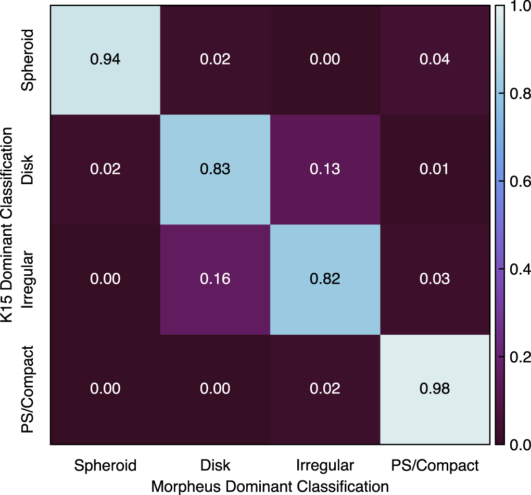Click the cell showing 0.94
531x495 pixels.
105,59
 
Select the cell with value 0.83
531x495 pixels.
215,169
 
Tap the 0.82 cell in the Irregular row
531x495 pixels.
325,279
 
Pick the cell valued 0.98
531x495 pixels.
435,389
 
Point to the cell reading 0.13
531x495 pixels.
325,169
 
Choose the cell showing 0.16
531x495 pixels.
215,279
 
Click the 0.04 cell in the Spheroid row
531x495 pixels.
435,59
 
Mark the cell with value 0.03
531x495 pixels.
435,279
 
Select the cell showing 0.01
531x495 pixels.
435,169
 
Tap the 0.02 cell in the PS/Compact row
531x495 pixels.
325,389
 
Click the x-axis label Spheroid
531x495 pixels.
105,465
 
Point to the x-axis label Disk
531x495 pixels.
215,465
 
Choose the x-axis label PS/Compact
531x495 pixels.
435,465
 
